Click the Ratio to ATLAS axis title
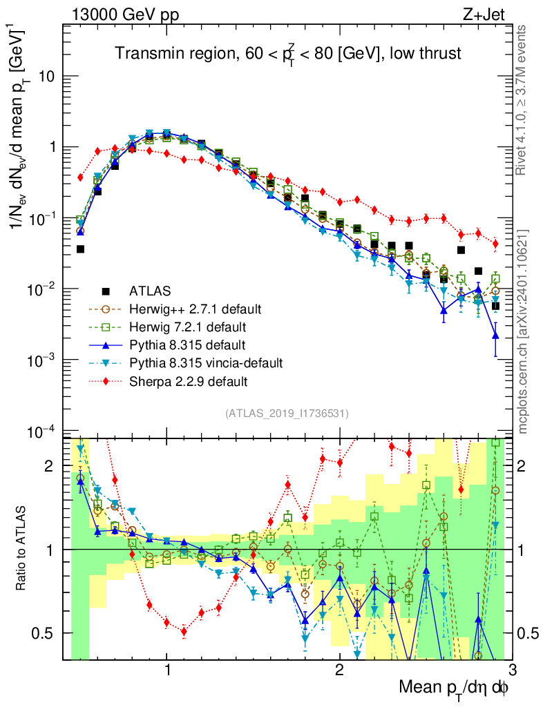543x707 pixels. coord(23,548)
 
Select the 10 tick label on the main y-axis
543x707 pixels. coord(46,76)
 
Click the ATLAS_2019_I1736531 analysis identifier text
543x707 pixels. coord(287,414)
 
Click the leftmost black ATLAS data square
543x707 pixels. coord(80,249)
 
